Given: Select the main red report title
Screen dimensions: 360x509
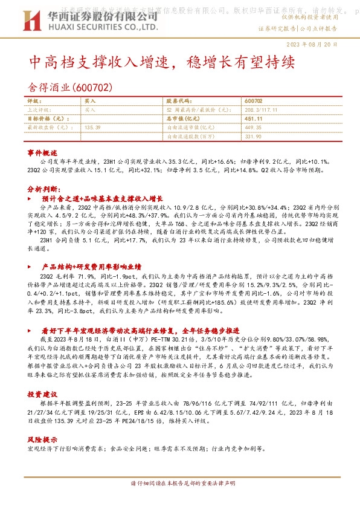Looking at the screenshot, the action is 162,62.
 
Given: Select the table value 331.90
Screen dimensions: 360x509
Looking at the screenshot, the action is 253,137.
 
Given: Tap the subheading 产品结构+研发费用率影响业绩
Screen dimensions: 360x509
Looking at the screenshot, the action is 91,266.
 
